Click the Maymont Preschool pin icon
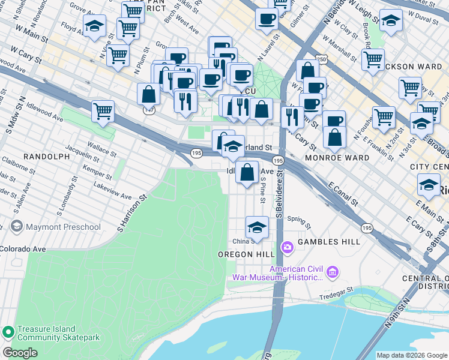point(16,227)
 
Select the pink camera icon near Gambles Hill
point(287,247)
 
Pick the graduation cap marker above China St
point(257,228)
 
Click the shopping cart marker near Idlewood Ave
point(103,111)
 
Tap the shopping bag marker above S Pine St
point(247,172)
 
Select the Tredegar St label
point(332,292)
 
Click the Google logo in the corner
point(20,353)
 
